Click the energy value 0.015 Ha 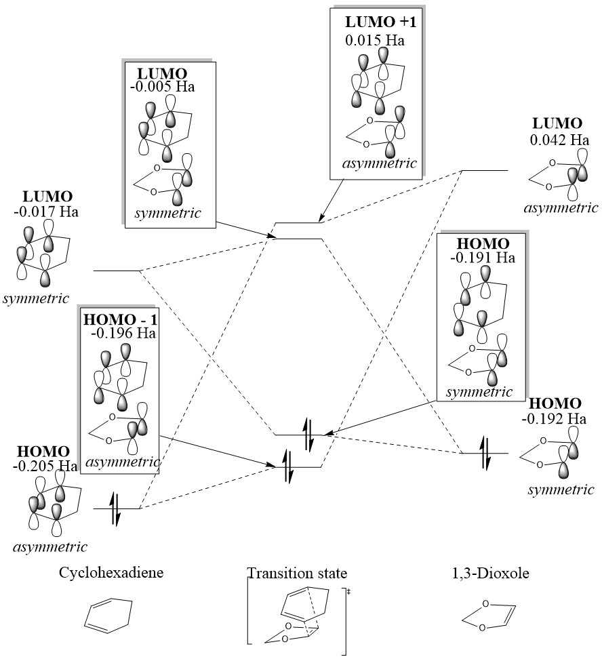(374, 39)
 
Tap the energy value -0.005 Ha (167, 86)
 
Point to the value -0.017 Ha (45, 212)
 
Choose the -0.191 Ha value (482, 258)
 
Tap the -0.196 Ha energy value (123, 333)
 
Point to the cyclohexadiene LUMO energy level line (116, 271)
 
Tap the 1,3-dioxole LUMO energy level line (484, 171)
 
